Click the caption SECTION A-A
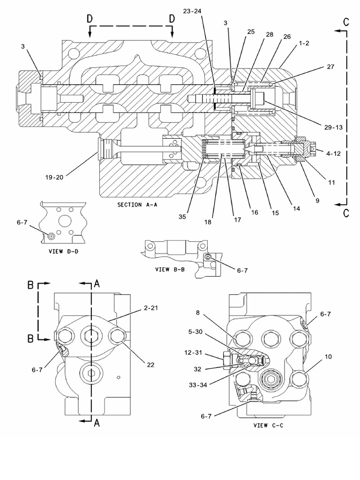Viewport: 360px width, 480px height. (137, 205)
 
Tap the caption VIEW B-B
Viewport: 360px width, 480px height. (170, 270)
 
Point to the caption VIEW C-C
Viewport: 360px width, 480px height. (269, 425)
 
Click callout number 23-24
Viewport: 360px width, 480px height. (192, 11)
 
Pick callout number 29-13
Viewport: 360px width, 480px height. (333, 127)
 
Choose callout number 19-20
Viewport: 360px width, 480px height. (54, 177)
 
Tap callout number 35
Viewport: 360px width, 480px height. (182, 217)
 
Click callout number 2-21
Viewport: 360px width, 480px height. (151, 307)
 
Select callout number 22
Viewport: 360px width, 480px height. (150, 365)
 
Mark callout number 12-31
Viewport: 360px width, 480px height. (193, 352)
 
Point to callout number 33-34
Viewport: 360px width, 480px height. (198, 385)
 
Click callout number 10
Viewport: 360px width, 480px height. (328, 357)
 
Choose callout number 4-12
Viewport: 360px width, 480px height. (333, 153)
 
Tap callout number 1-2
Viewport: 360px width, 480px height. (304, 43)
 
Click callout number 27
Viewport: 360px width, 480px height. (330, 67)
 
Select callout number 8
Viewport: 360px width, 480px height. (198, 313)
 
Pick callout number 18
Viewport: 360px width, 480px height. (208, 222)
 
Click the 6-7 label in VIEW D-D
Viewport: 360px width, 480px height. (22, 223)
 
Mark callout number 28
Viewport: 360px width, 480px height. (270, 35)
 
